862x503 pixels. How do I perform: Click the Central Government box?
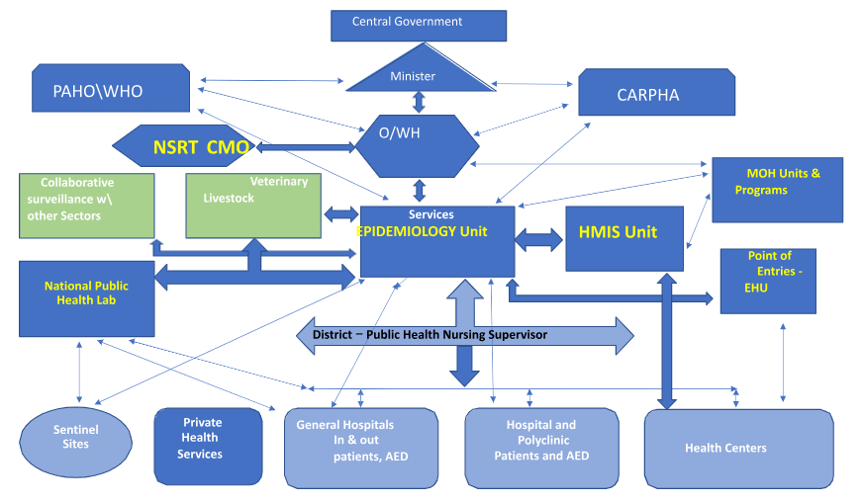coord(418,25)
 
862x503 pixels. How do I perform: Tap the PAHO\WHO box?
coord(111,90)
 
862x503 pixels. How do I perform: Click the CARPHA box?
coord(655,95)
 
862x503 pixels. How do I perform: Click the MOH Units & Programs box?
coord(777,189)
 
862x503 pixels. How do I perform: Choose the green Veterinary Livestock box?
coord(253,206)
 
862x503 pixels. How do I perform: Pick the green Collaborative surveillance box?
coord(86,206)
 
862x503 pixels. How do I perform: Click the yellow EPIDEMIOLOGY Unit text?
coord(434,232)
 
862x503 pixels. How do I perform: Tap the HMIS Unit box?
coord(623,238)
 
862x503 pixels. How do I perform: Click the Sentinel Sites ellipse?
coord(75,437)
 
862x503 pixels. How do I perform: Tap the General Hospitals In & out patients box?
coord(360,447)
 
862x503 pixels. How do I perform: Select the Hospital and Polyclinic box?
coord(541,447)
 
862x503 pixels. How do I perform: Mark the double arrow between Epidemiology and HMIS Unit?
coord(539,238)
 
